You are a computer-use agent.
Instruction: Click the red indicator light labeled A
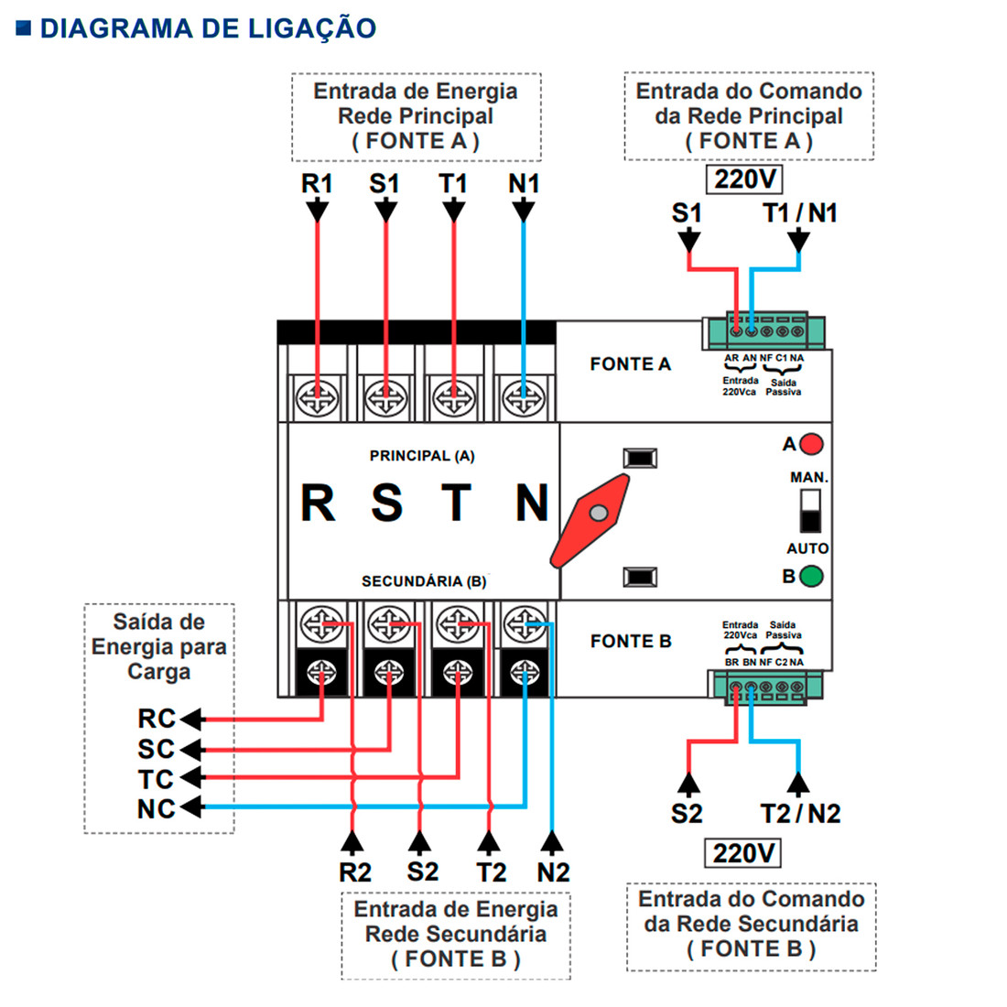coord(811,445)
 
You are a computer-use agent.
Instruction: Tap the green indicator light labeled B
coord(811,577)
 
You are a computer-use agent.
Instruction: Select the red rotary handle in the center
coord(591,520)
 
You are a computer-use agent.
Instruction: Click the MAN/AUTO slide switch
coord(810,511)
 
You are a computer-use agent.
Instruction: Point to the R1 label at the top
coord(317,184)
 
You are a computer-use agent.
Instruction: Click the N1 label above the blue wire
coord(524,184)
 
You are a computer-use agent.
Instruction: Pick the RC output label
coord(156,719)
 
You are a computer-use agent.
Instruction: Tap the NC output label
coord(156,809)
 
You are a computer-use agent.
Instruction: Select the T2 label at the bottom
coord(491,872)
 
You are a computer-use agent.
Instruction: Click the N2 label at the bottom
coord(553,872)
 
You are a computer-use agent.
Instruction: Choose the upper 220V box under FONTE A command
coord(744,179)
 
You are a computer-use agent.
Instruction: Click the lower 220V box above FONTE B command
coord(743,853)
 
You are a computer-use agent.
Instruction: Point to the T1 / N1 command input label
coord(799,213)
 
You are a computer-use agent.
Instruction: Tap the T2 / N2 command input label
coord(800,813)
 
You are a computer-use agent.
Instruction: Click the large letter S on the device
coord(386,503)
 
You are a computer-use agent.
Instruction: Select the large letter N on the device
coord(531,503)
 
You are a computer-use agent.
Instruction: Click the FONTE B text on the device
coord(631,641)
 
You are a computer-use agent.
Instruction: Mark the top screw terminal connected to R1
coord(318,399)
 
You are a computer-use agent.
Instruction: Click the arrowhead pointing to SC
coord(191,750)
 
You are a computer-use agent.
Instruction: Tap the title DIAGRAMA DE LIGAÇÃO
coord(208,27)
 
